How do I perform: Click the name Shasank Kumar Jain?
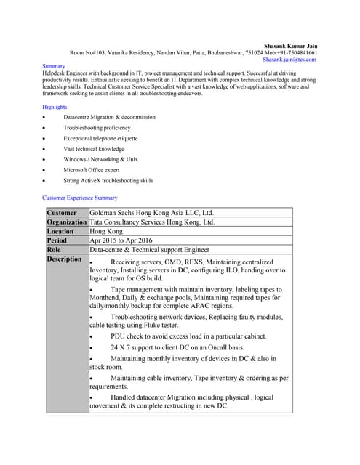(290, 45)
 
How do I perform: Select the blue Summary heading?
(54, 66)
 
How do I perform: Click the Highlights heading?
(55, 107)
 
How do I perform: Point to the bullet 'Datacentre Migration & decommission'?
(109, 117)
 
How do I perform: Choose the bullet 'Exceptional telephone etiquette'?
(100, 138)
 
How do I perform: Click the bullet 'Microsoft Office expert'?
(91, 169)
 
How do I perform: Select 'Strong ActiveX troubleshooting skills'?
(108, 180)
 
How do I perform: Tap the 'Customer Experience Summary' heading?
(80, 198)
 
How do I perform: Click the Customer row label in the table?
(62, 213)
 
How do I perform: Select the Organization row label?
(66, 222)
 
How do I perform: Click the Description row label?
(64, 259)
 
